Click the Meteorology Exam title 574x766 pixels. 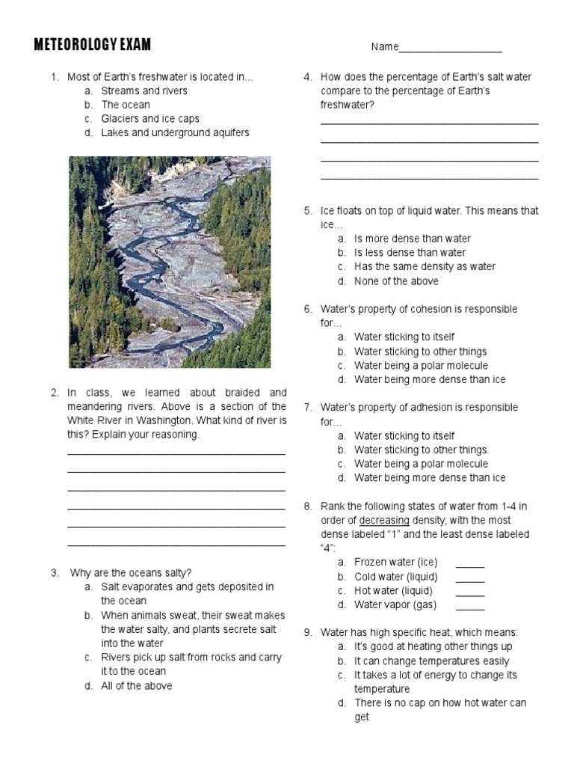(x=93, y=46)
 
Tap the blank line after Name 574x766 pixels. (x=451, y=49)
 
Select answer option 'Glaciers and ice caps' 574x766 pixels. (x=150, y=119)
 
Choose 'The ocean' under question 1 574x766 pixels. (x=126, y=105)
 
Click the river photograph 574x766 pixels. (x=170, y=262)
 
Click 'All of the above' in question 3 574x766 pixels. (x=137, y=685)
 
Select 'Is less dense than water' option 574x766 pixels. (x=410, y=253)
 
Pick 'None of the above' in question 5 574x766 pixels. (x=396, y=281)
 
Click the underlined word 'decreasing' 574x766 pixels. (x=384, y=521)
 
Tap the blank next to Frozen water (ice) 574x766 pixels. (x=469, y=563)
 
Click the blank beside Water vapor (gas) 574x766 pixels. (x=469, y=606)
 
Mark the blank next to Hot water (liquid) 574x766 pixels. (x=469, y=592)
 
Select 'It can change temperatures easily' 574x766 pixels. (x=431, y=661)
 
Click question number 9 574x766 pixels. (x=307, y=633)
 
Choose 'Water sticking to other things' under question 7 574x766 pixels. (x=420, y=450)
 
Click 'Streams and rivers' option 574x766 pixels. (x=144, y=91)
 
